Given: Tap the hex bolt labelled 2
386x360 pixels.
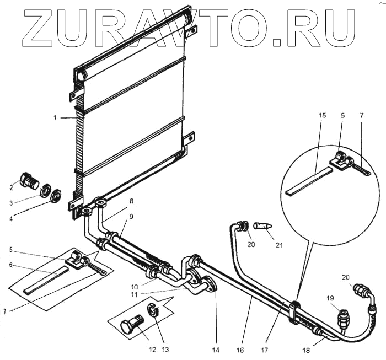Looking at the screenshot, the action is [29, 180].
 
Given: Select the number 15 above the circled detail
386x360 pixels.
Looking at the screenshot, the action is [323, 116].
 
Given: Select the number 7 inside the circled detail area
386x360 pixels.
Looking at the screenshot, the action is [361, 116].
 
